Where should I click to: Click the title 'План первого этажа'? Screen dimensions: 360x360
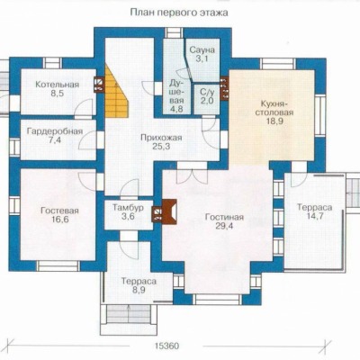179,13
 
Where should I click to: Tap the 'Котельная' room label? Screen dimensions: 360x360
57,85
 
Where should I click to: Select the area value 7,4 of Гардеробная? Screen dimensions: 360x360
55,140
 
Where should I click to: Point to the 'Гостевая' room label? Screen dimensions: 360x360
59,211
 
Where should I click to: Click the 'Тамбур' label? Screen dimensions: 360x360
128,207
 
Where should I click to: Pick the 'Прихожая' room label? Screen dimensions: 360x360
161,138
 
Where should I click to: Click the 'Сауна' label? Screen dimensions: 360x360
202,49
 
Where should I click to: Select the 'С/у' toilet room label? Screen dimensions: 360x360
207,92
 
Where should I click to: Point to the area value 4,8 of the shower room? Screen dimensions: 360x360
176,109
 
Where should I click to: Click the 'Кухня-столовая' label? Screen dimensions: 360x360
276,108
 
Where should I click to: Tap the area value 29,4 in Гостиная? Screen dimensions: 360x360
224,226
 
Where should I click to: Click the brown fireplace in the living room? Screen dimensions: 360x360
169,211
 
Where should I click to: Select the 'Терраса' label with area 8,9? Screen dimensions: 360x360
139,281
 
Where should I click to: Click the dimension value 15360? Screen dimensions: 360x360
166,346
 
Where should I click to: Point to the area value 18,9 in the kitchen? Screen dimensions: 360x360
276,121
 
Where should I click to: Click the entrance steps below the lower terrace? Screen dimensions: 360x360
129,314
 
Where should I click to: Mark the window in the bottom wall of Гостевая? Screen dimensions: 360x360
58,265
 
